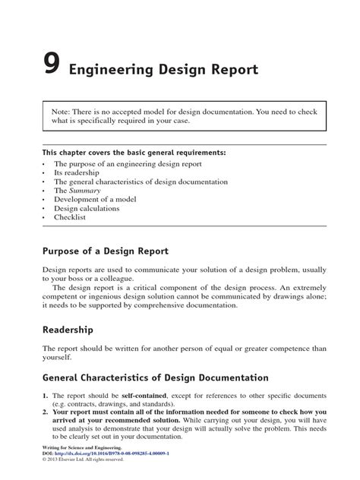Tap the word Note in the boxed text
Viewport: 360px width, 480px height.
point(62,111)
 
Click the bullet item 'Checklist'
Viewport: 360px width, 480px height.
point(70,216)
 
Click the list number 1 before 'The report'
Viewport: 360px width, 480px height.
point(45,397)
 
